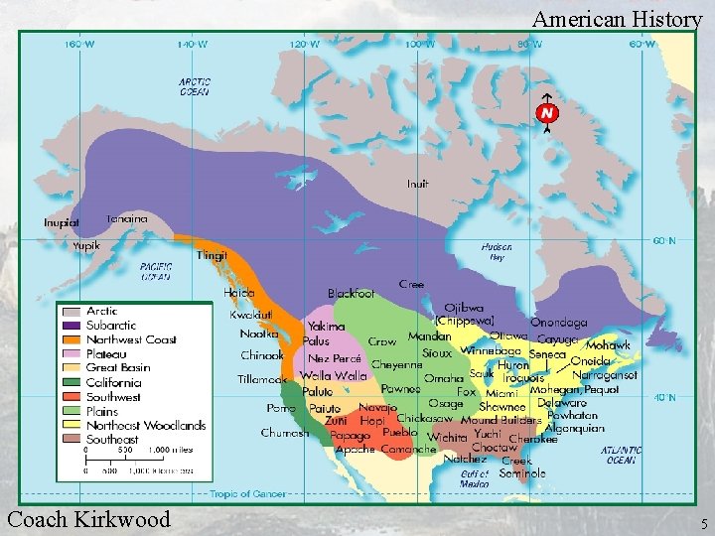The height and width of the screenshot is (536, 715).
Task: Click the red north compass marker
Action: (x=545, y=114)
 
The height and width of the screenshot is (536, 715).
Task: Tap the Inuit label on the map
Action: (x=418, y=184)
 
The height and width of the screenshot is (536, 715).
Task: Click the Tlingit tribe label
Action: (x=212, y=255)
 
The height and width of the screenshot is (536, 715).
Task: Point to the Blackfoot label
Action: (x=351, y=294)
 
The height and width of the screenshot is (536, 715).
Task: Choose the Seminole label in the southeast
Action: (x=522, y=472)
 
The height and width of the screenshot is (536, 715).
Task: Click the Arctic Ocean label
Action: (x=195, y=87)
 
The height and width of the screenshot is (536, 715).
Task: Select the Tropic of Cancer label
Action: (x=238, y=493)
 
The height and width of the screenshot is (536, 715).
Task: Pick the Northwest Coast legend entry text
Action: (x=130, y=339)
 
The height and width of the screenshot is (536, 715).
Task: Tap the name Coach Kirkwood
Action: (x=88, y=518)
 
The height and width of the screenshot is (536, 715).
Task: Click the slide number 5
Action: (x=703, y=523)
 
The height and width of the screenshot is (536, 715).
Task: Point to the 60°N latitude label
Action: (x=664, y=241)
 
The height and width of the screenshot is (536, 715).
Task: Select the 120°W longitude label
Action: (x=305, y=44)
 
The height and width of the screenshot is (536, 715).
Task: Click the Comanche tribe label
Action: (x=408, y=450)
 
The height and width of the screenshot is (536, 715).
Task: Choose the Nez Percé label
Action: (x=334, y=358)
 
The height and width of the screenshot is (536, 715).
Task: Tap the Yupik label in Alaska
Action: (x=86, y=245)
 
